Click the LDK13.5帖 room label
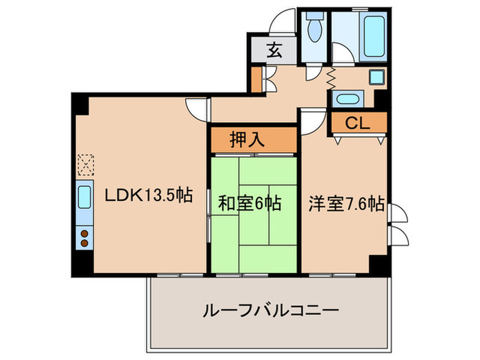(x=147, y=195)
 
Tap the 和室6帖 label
(x=250, y=204)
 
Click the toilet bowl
(x=315, y=30)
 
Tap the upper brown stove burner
(x=85, y=234)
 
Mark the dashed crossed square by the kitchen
(x=85, y=165)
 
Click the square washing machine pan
(x=376, y=77)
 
